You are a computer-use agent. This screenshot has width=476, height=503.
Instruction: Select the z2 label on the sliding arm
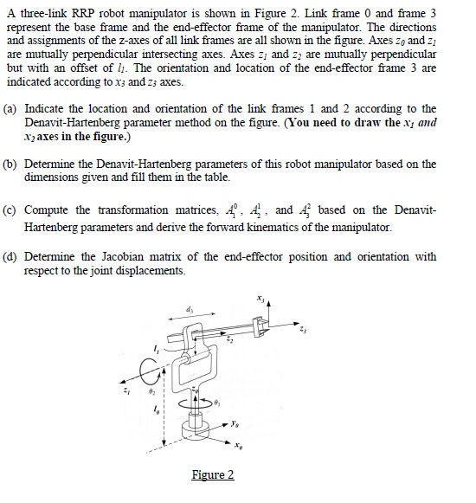click(229, 340)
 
